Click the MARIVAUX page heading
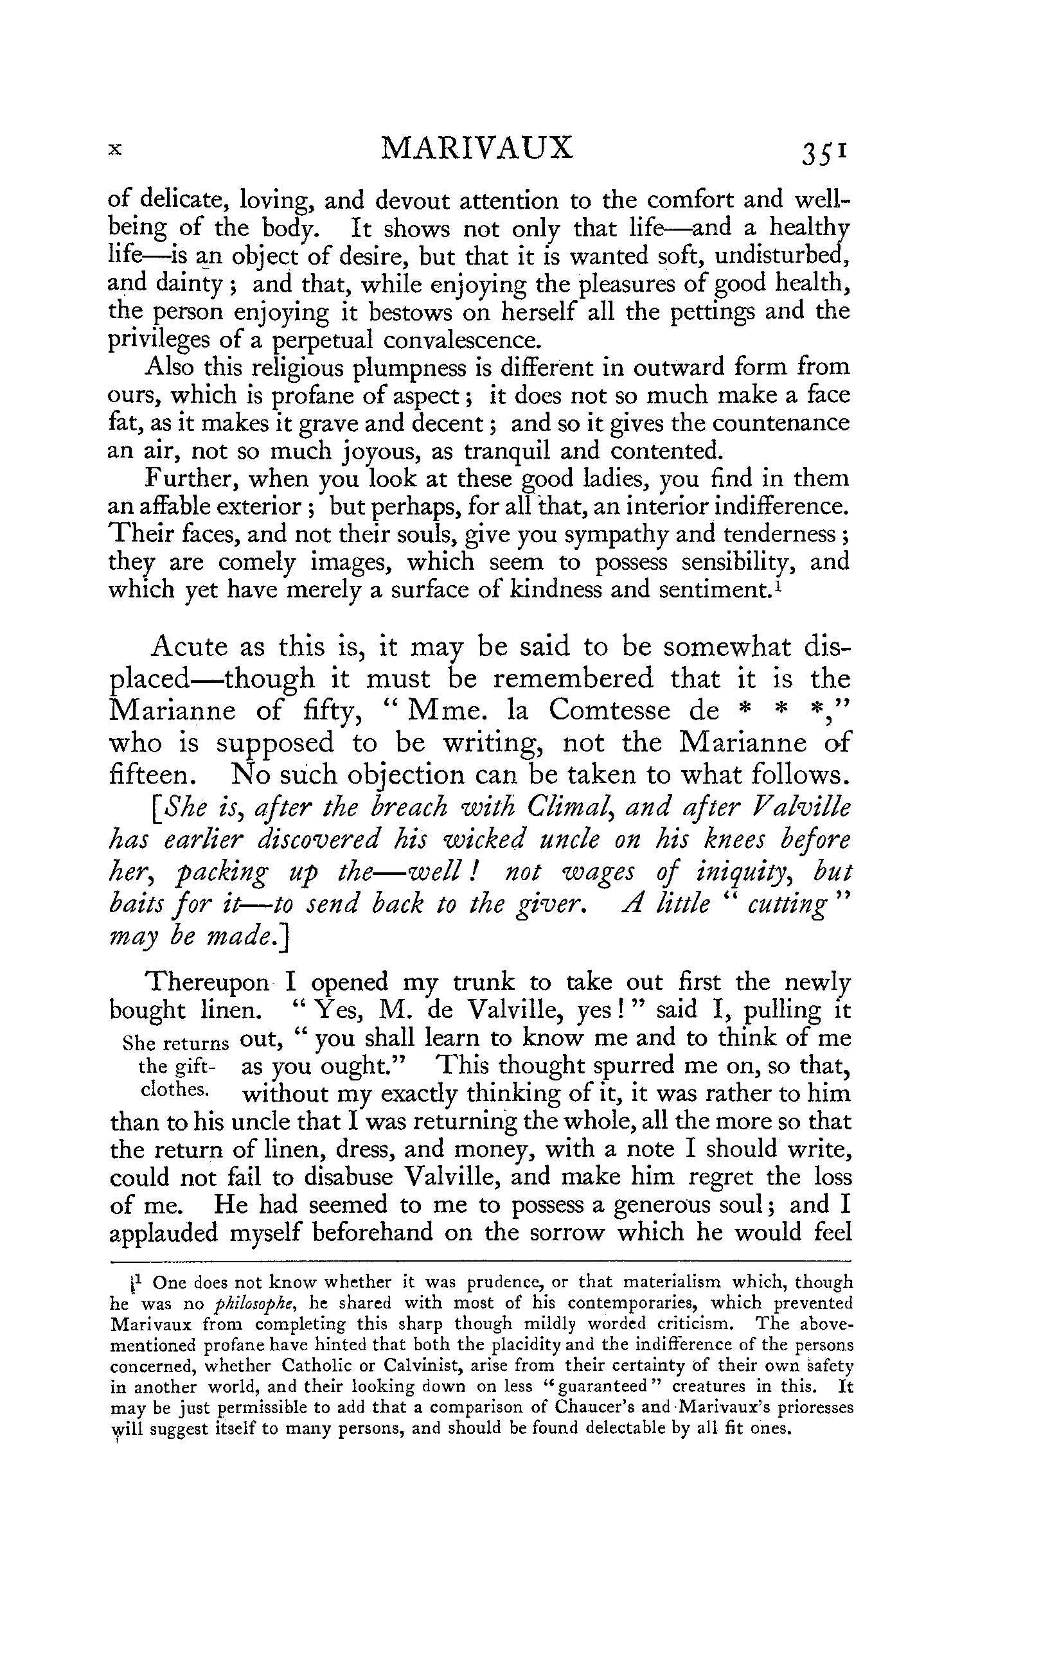(x=477, y=147)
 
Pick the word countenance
(x=781, y=423)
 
